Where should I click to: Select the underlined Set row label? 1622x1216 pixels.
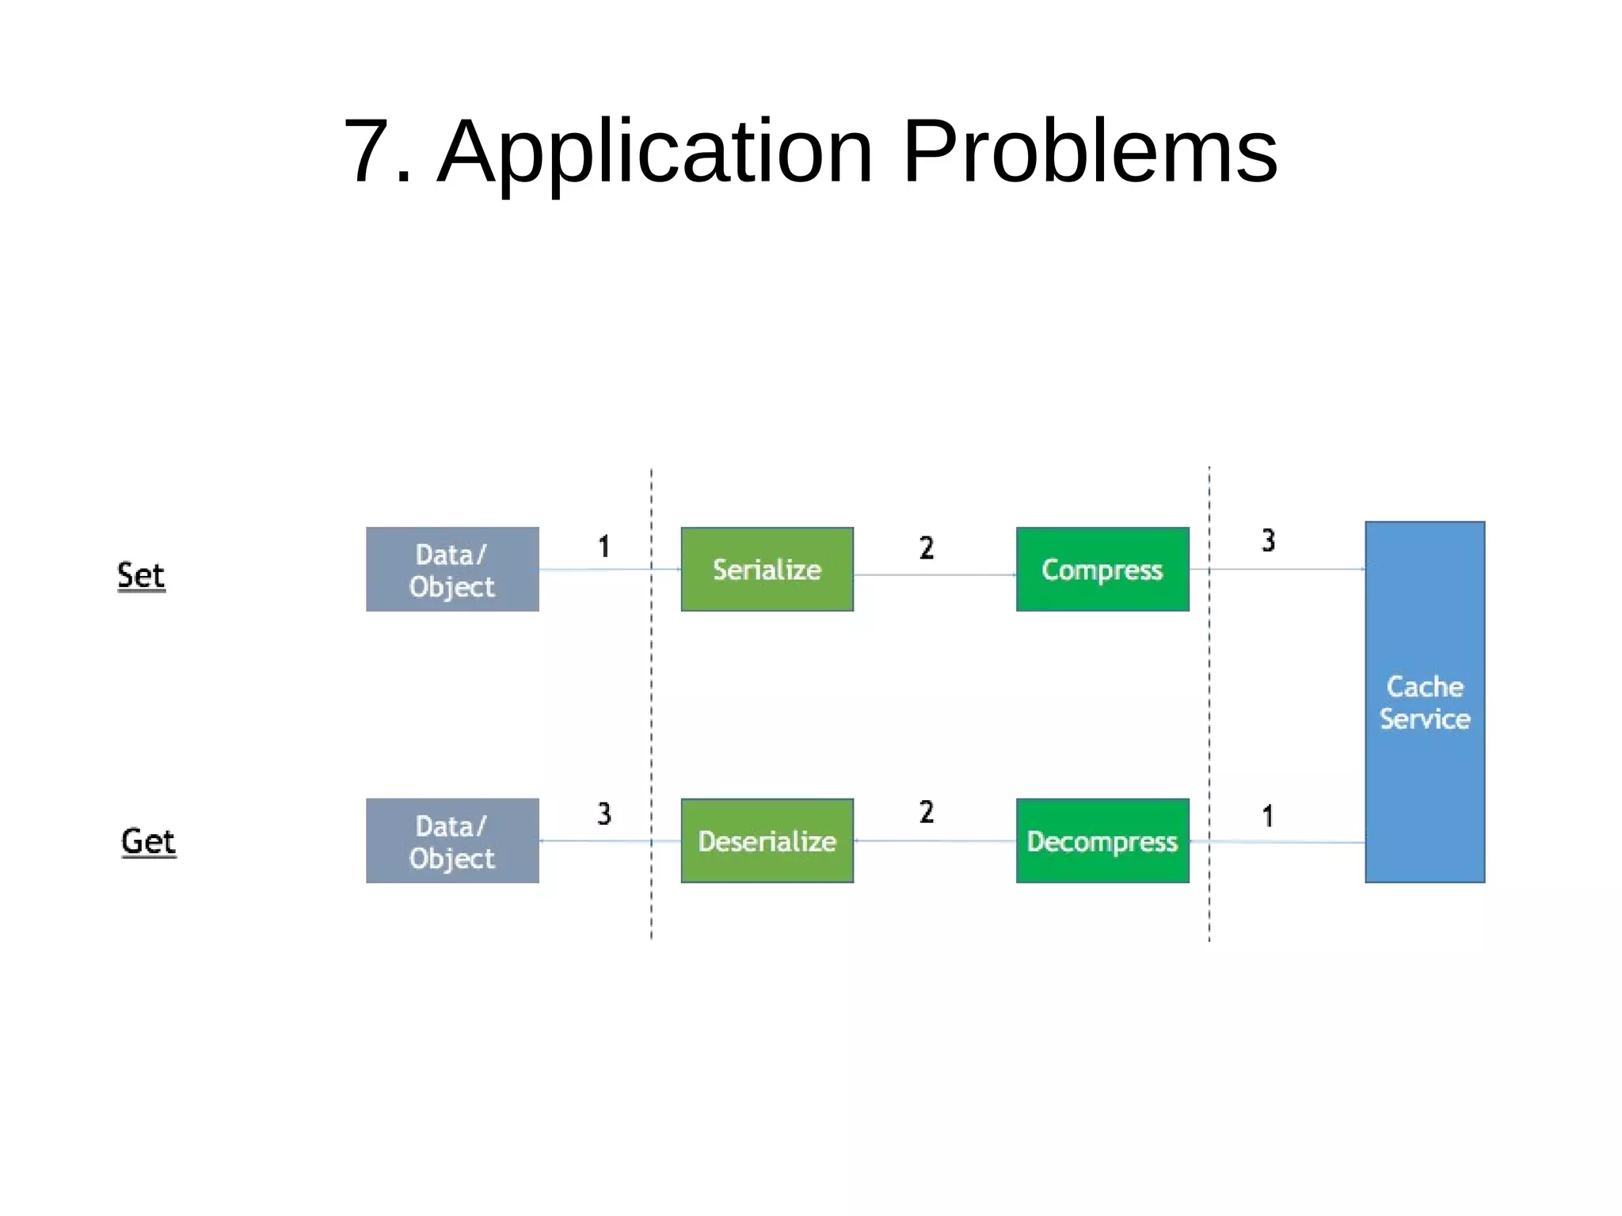(141, 575)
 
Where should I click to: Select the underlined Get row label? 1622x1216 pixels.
(148, 841)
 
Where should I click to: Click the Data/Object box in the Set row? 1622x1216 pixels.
(452, 570)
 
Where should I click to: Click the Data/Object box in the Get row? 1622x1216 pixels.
(452, 841)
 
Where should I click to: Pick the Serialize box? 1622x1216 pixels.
(767, 570)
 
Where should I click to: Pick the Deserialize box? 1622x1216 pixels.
(767, 841)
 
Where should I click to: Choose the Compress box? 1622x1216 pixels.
(1102, 570)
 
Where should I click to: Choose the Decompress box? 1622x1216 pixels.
(1102, 841)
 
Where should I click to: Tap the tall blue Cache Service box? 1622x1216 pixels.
(1424, 702)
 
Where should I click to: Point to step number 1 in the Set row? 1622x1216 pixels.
(603, 547)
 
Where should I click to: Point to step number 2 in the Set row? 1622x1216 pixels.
(926, 547)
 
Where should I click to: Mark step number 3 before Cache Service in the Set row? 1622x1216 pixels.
(1268, 540)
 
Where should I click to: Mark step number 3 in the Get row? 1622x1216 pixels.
(603, 814)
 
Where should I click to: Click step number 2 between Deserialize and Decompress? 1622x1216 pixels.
(926, 812)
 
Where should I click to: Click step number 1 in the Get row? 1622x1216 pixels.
(1268, 816)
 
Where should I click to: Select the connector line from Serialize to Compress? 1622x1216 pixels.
(935, 575)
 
